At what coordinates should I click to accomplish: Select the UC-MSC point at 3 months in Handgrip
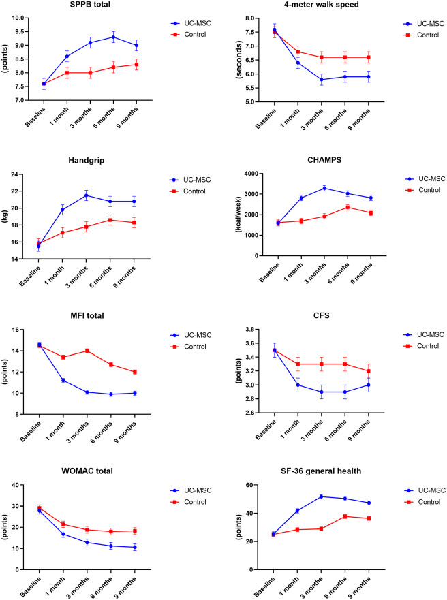[87, 195]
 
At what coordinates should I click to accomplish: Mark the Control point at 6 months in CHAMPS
[345, 207]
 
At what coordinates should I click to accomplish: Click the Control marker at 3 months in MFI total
[87, 351]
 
